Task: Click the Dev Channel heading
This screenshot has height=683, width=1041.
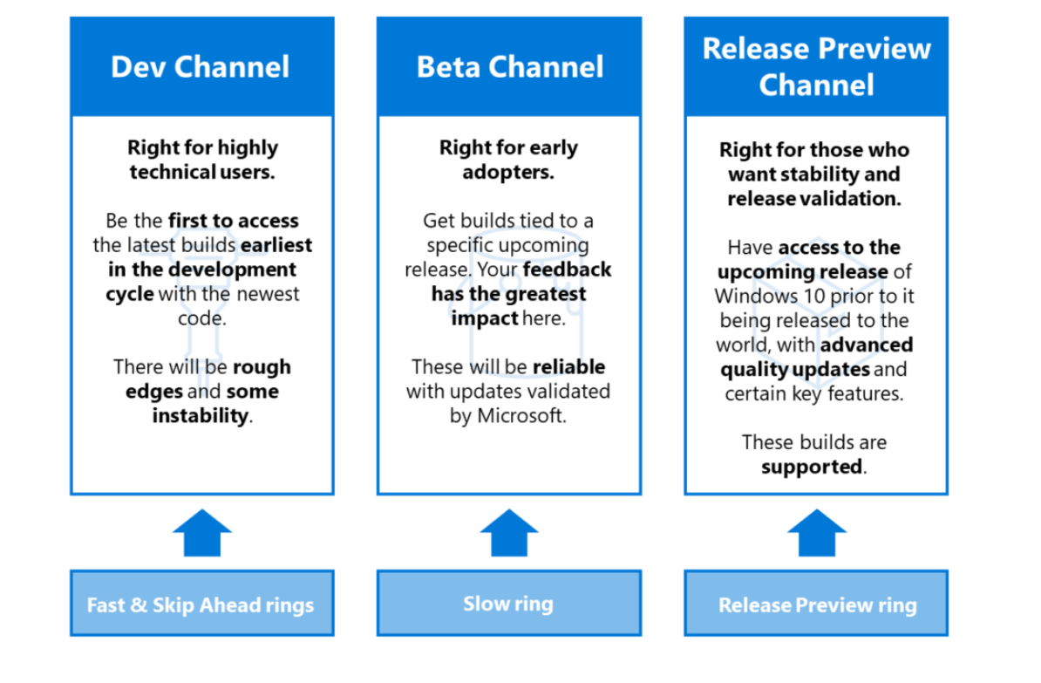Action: click(201, 67)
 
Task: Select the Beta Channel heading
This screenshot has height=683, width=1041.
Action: click(509, 67)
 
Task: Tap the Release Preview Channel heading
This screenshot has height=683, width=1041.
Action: click(816, 66)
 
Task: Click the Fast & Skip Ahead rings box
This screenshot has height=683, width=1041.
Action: click(201, 604)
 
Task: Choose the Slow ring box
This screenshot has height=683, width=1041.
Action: click(508, 604)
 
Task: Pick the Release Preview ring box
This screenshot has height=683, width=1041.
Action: click(817, 604)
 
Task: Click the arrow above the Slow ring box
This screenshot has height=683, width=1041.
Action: click(509, 533)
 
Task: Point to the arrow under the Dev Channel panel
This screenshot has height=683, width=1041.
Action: click(201, 533)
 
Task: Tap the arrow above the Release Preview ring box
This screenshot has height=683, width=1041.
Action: click(816, 533)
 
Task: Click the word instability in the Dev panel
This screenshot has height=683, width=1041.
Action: click(201, 416)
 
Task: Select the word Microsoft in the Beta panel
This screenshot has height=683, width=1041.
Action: click(521, 416)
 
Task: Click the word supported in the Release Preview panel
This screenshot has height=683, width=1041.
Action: click(812, 467)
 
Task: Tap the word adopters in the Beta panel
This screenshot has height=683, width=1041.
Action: click(508, 172)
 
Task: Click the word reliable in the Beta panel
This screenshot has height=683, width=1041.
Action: click(568, 366)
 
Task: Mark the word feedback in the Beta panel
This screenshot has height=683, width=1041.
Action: click(567, 270)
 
